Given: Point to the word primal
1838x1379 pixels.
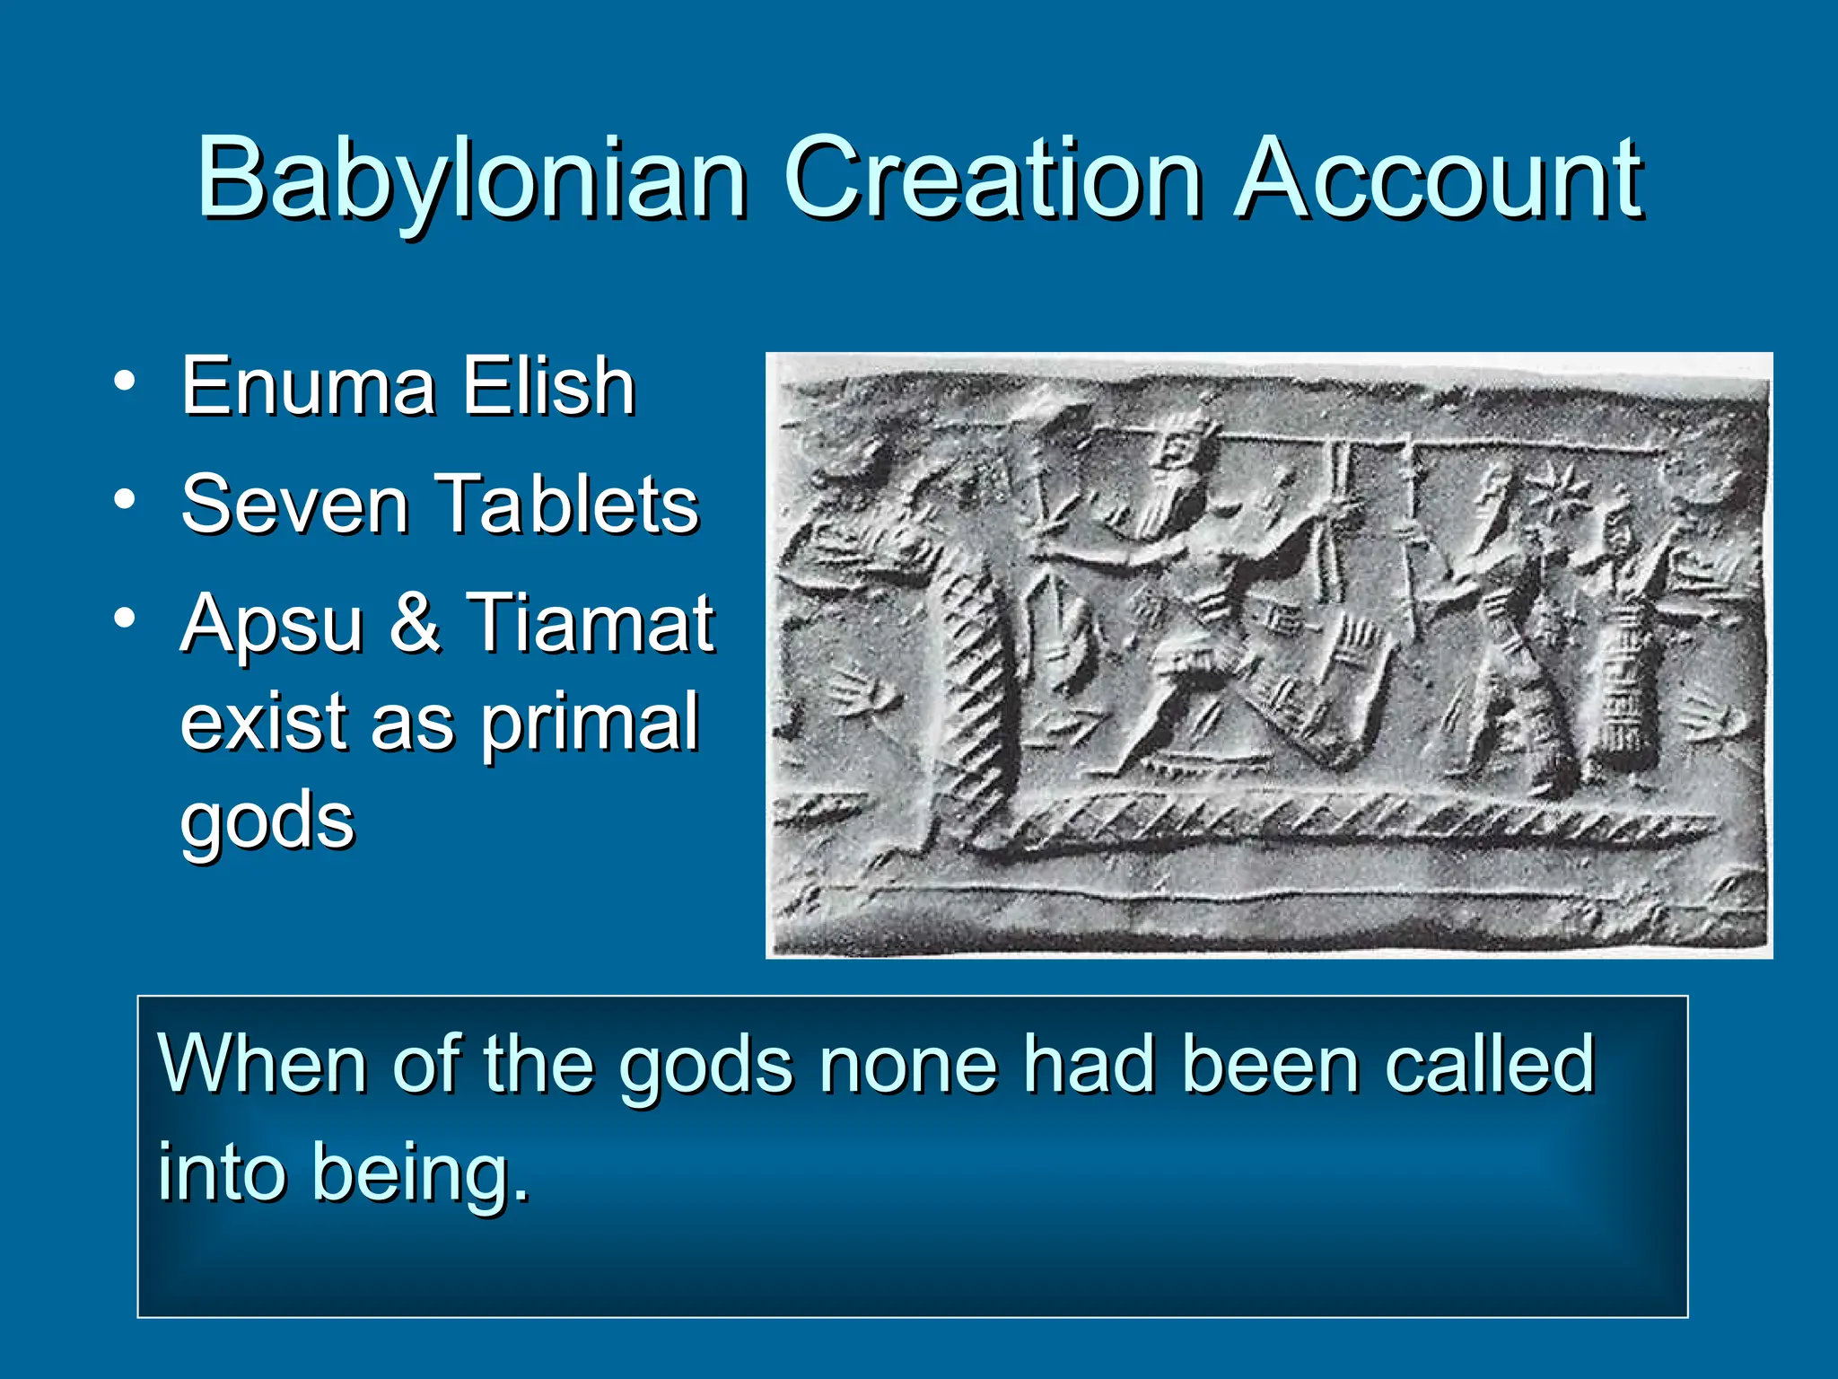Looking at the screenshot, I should click(589, 724).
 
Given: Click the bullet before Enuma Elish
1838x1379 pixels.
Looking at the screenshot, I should click(125, 381).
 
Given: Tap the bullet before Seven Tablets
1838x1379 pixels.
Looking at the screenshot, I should click(125, 498).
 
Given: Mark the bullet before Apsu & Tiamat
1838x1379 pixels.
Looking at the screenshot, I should click(125, 618).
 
